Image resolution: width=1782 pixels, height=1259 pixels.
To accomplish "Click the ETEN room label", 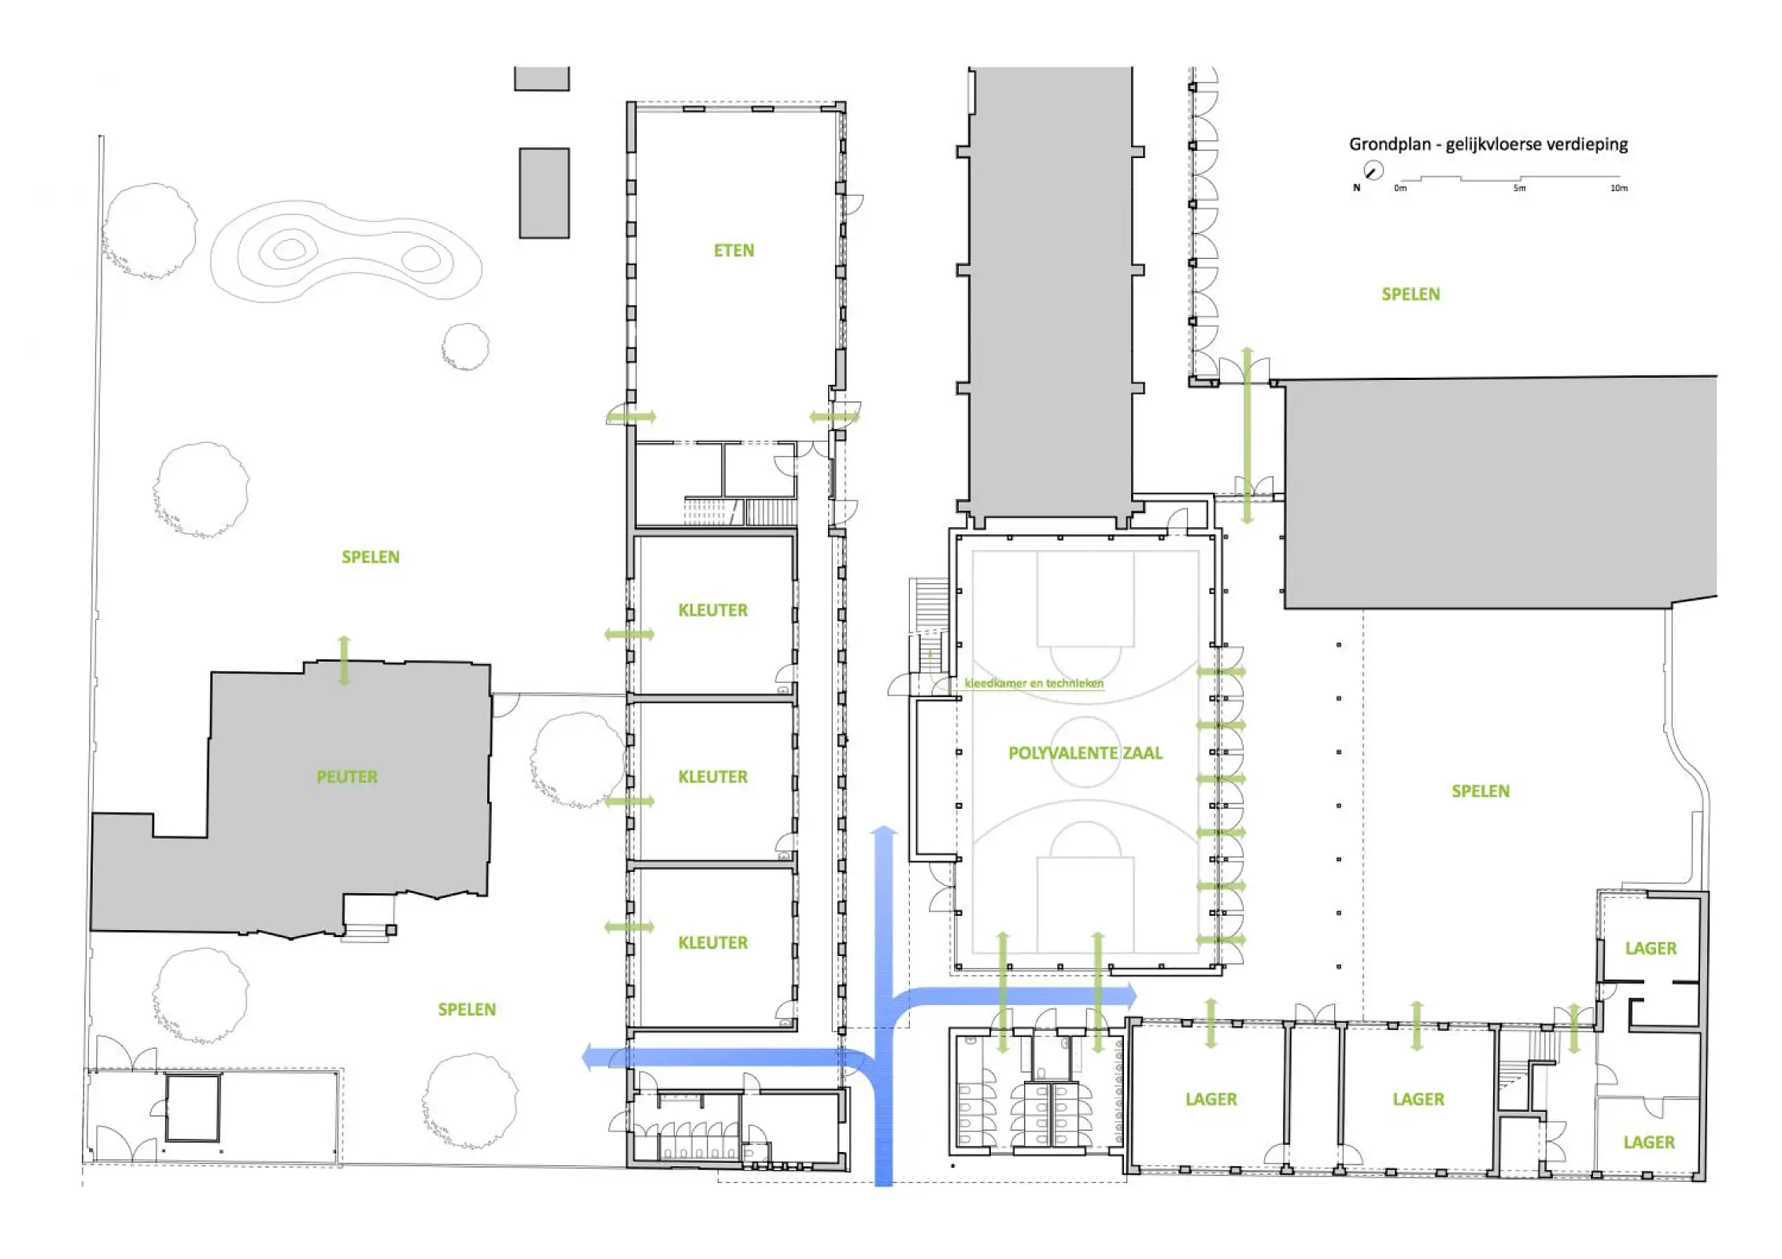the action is tap(734, 250).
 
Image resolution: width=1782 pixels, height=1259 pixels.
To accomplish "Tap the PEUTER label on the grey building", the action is tap(347, 777).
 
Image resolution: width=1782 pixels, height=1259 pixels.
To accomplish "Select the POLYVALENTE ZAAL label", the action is tap(1085, 753).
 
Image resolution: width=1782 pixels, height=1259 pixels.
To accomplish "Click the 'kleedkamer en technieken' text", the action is tap(1034, 683).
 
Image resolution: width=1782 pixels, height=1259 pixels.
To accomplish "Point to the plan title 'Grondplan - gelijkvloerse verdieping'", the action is tap(1488, 145).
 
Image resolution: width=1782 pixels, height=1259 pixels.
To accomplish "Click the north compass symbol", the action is tap(1373, 171).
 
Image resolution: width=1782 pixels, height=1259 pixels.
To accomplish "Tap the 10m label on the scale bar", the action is tap(1618, 188).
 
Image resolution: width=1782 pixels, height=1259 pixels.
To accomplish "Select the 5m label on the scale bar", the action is tap(1519, 188).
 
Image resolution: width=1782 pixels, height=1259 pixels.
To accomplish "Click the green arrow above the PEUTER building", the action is tap(344, 660).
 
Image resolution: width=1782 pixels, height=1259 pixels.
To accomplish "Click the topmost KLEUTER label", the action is tap(713, 610).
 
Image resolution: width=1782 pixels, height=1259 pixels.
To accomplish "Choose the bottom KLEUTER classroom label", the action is tap(713, 943).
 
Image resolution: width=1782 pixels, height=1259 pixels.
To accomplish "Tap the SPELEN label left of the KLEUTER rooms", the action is tap(371, 557).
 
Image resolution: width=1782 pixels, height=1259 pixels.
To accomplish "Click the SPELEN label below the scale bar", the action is tap(1411, 294).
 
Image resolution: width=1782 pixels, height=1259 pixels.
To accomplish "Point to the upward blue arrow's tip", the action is tap(885, 826).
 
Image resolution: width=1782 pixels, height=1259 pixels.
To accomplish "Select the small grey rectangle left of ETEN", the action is tap(544, 193).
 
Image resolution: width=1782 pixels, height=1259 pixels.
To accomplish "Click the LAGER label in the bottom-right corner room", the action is tap(1649, 1143).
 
